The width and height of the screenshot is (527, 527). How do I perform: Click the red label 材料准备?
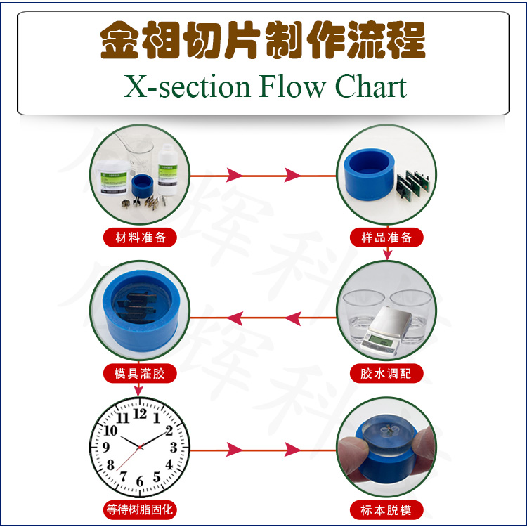click(141, 237)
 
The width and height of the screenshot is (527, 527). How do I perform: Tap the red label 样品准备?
click(386, 237)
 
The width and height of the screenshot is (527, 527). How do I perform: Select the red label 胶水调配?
click(386, 373)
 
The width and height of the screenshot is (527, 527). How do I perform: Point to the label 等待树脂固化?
click(141, 509)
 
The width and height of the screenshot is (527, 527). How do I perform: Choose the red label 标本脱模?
click(386, 509)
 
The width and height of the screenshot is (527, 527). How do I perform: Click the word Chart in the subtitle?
click(371, 87)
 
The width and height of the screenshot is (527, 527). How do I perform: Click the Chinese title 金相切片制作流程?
click(263, 40)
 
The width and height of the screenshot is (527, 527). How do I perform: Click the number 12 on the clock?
click(140, 415)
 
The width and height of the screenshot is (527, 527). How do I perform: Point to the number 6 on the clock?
click(140, 481)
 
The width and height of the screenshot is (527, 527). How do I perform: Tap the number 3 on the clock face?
click(173, 448)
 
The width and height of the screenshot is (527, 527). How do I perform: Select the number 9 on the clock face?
click(106, 448)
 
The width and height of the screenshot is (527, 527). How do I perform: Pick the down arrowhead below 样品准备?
click(386, 254)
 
